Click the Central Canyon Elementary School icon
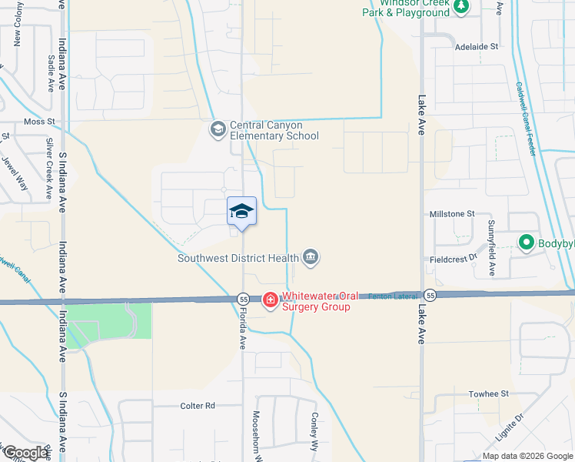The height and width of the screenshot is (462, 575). click(218, 129)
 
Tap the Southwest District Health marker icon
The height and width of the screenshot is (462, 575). click(311, 257)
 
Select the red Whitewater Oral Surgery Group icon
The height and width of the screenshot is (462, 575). click(270, 300)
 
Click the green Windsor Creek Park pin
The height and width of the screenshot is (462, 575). click(461, 8)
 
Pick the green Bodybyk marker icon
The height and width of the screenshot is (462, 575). click(527, 243)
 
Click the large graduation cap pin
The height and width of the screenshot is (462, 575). click(241, 212)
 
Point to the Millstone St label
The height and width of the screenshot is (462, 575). click(451, 213)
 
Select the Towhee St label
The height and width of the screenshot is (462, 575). click(489, 393)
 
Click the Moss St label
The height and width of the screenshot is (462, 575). click(40, 122)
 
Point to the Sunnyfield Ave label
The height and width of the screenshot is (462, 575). click(491, 247)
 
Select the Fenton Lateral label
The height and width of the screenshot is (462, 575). click(393, 296)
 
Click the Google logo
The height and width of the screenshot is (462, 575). click(25, 453)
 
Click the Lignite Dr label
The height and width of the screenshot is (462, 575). click(530, 427)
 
